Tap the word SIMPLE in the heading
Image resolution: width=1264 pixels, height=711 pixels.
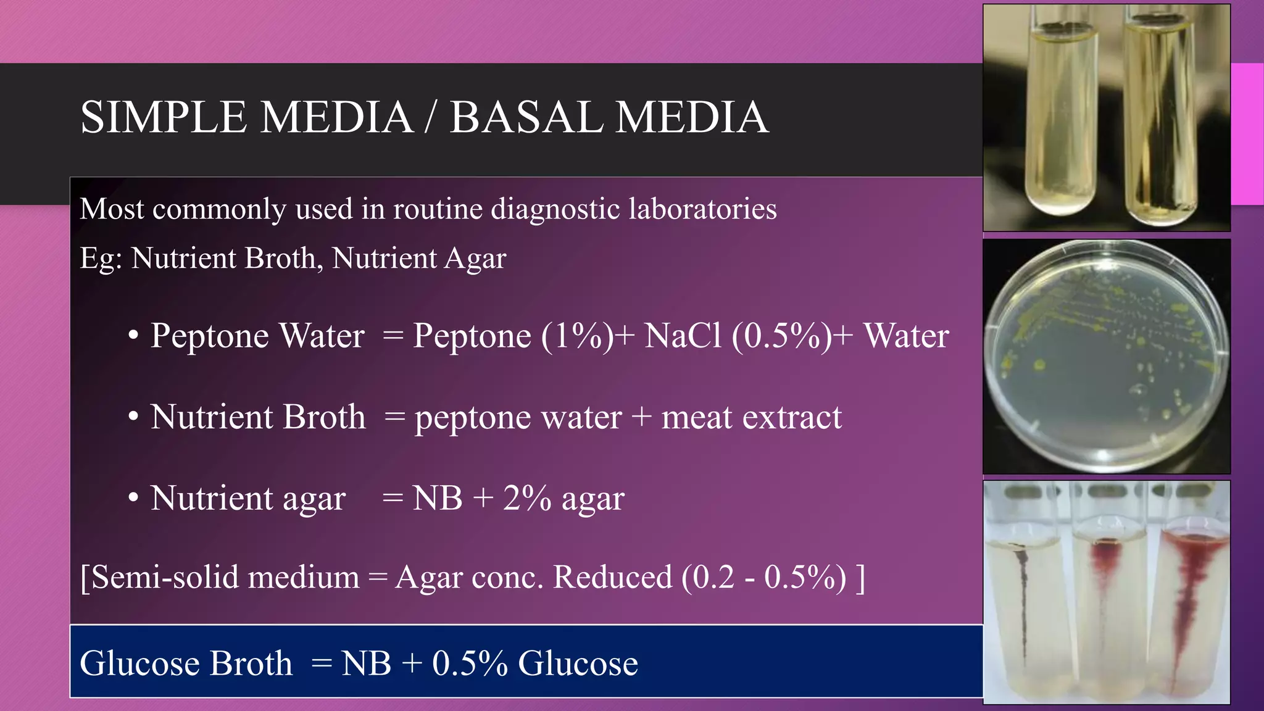163,117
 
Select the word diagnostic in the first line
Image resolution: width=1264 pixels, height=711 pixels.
555,210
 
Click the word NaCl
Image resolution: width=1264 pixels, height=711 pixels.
683,336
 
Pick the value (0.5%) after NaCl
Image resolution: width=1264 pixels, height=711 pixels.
781,336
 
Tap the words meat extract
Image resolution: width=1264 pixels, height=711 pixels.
751,417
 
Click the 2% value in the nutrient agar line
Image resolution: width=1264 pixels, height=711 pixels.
527,498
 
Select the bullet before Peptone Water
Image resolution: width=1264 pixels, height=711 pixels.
133,337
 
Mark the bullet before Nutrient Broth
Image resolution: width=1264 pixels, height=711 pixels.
133,418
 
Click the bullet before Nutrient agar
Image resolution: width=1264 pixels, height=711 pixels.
133,499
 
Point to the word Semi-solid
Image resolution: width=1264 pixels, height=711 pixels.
164,578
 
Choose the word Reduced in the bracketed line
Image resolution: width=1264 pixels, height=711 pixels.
612,578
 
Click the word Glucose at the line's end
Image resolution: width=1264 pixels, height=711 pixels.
578,663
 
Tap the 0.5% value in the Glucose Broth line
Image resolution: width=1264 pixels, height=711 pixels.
470,663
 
